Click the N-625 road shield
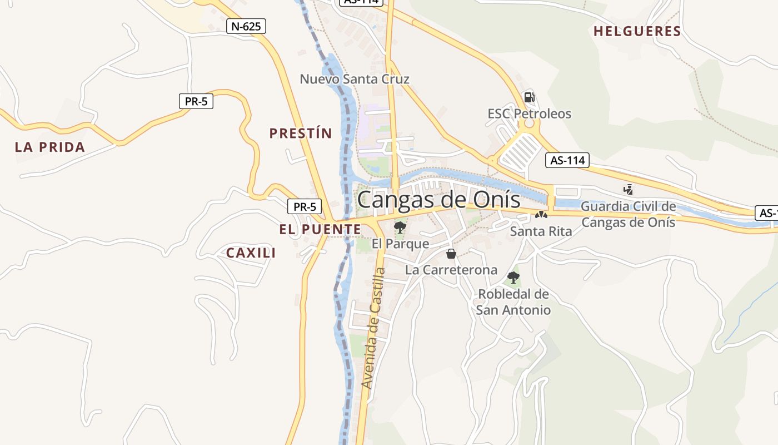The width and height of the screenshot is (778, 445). (246, 26)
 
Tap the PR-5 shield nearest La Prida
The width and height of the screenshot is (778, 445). (196, 101)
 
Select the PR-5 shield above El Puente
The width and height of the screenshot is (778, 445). (305, 206)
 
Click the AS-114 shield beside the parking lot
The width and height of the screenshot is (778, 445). (566, 160)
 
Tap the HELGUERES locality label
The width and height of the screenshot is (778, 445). (637, 31)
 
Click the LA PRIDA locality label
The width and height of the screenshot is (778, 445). (50, 147)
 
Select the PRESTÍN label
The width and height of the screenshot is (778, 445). (301, 133)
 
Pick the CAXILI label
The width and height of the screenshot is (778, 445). (251, 253)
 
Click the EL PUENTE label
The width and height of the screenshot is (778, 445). (320, 229)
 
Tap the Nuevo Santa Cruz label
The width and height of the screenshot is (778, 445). (355, 79)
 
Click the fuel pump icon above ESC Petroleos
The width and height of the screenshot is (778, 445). (530, 97)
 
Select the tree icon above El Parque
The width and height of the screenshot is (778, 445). (400, 227)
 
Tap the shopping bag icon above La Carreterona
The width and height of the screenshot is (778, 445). (451, 254)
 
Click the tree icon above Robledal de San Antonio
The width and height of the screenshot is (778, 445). (513, 277)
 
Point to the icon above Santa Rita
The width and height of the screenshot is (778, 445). (541, 215)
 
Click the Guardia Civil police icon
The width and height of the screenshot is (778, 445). (628, 190)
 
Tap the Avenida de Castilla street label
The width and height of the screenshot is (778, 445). (373, 328)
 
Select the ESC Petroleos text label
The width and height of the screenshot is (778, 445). (529, 114)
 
